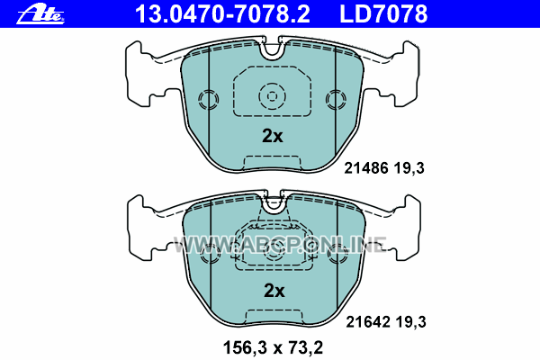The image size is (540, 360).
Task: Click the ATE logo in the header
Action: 40,15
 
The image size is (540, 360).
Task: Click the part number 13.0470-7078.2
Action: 222,14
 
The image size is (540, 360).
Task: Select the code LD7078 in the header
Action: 383,14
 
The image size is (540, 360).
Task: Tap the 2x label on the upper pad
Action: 273,136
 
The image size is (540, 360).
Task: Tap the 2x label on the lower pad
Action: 274,291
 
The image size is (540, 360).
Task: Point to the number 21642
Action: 368,322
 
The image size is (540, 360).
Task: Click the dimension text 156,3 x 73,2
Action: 273,347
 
